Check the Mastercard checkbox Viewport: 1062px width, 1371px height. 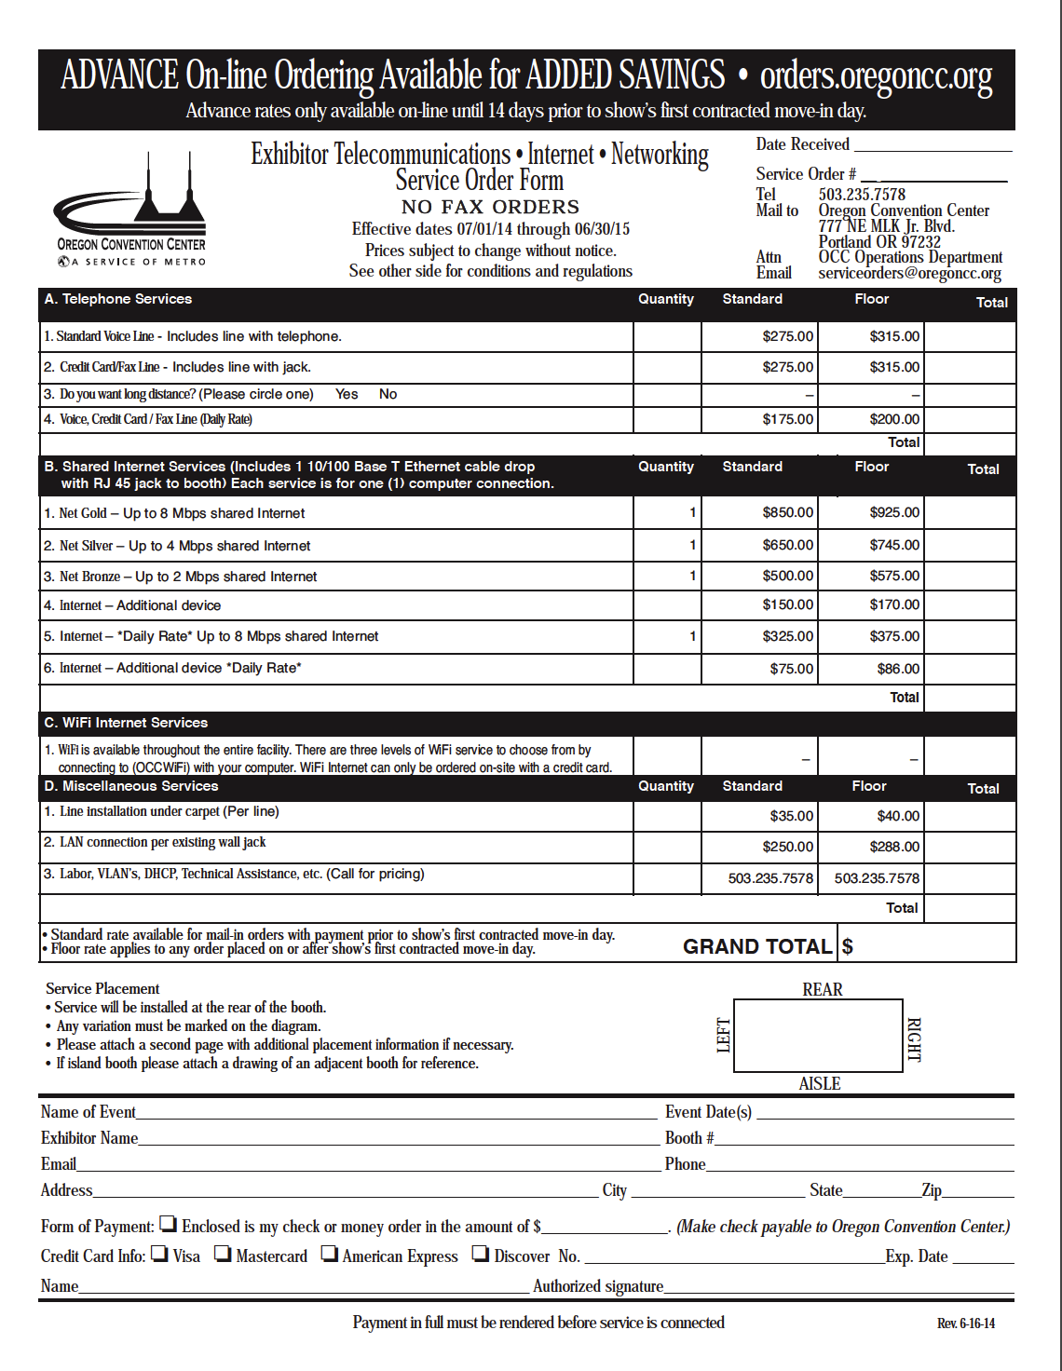click(223, 1254)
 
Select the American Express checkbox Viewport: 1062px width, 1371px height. click(330, 1254)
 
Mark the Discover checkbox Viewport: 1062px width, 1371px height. click(480, 1254)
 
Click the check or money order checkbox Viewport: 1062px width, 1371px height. click(169, 1224)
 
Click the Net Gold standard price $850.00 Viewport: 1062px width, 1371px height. click(787, 512)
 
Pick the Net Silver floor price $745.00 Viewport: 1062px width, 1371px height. click(894, 545)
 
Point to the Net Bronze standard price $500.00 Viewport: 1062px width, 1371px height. click(787, 576)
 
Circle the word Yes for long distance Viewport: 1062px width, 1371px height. click(347, 394)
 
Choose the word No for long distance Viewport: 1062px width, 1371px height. click(388, 394)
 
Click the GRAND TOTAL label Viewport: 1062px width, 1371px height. click(756, 946)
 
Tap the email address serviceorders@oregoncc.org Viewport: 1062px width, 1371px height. click(909, 273)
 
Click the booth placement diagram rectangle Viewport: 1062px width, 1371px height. click(818, 1036)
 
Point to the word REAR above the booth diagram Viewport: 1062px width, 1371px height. click(822, 989)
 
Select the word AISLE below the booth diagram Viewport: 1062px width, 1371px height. click(820, 1083)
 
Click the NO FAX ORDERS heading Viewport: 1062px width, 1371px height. click(490, 207)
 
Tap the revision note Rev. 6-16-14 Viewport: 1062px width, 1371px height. click(966, 1323)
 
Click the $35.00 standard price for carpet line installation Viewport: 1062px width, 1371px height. click(791, 816)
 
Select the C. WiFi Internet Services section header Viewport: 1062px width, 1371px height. click(126, 723)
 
